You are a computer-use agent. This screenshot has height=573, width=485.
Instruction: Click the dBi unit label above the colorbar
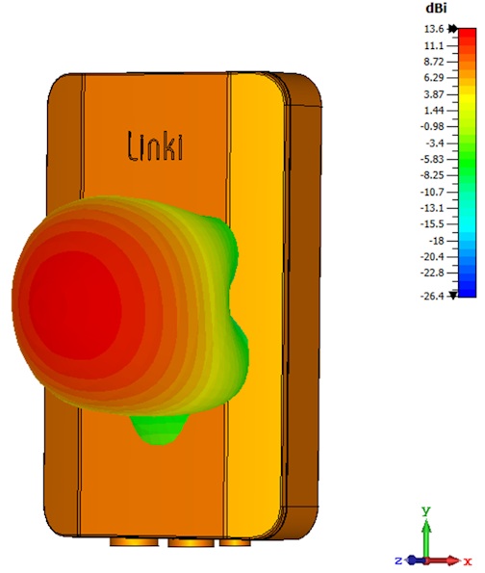436,8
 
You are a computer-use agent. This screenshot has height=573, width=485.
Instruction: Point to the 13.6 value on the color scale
433,29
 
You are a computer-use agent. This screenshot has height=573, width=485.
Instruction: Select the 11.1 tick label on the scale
433,45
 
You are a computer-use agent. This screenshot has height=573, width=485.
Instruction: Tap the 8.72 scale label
433,62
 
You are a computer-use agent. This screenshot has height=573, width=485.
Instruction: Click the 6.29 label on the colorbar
433,77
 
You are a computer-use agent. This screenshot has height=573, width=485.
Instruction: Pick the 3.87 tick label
433,94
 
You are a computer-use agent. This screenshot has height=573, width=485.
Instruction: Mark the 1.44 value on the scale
433,111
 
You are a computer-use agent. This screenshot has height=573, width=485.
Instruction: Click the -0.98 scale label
432,126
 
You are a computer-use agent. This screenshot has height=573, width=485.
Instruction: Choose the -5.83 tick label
432,159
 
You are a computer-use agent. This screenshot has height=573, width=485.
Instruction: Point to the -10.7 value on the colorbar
432,192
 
